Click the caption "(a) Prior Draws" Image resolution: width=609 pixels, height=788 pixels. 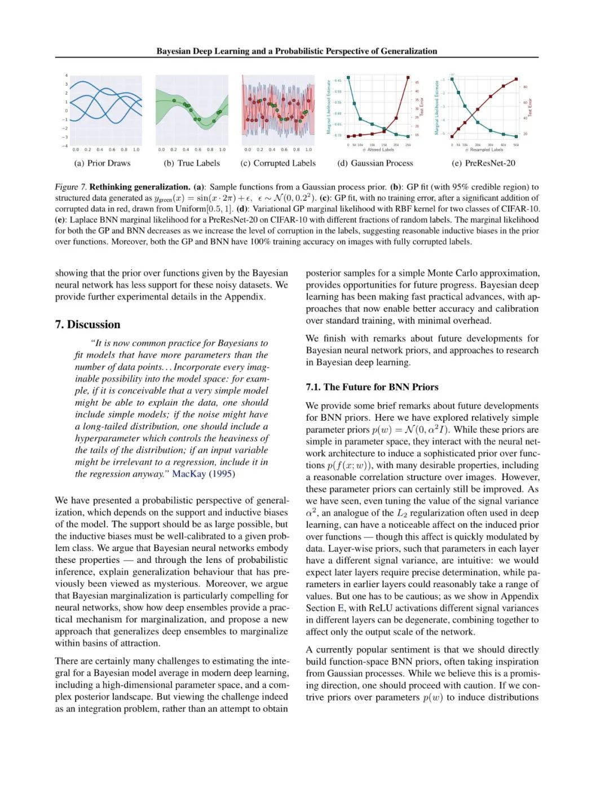tap(102, 163)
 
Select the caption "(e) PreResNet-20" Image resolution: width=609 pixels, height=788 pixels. tap(483, 163)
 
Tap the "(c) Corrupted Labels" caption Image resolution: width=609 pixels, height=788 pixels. tap(278, 163)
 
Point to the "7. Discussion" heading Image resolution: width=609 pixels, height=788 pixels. tap(87, 324)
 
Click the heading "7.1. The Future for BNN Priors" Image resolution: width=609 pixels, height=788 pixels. tap(372, 387)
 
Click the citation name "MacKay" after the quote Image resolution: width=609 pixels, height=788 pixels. tap(189, 474)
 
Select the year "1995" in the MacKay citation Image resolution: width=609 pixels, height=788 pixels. tap(222, 474)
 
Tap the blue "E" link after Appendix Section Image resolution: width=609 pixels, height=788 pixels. tap(341, 608)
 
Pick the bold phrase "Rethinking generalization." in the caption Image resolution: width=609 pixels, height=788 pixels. tap(139, 187)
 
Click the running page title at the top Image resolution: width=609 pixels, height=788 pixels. tap(297, 51)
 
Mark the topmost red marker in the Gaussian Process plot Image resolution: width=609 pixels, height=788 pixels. tap(408, 77)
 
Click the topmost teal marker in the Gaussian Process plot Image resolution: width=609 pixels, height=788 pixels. tap(348, 77)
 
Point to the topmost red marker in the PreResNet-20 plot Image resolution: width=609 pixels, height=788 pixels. tap(516, 79)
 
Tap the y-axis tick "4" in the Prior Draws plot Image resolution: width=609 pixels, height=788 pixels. tap(66, 76)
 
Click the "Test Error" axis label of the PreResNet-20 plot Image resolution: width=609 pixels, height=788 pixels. tap(530, 107)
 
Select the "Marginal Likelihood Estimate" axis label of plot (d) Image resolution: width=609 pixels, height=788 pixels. tap(329, 107)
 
